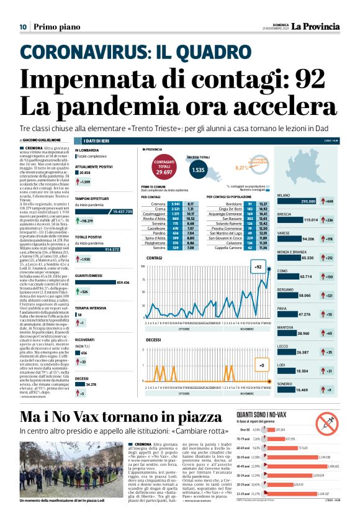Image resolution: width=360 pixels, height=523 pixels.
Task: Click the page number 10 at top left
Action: click(x=22, y=27)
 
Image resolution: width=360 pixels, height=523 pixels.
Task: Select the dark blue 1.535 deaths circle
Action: click(x=198, y=169)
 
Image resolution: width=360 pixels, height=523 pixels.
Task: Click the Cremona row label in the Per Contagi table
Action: click(x=158, y=204)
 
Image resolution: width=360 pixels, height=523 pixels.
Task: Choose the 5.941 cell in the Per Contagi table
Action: click(x=176, y=204)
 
